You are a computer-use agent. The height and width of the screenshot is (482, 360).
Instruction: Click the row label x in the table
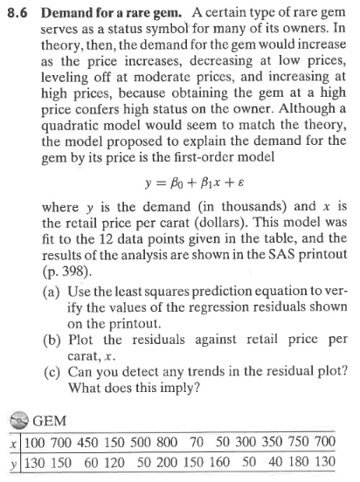pos(8,444)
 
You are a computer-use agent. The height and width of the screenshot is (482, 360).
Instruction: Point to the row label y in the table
pos(8,463)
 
